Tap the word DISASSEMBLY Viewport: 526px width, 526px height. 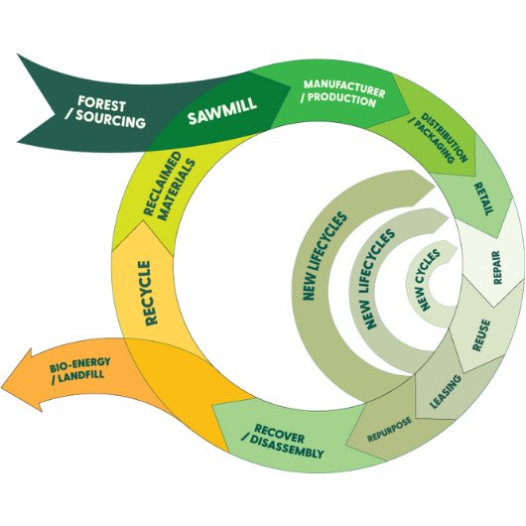point(287,449)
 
